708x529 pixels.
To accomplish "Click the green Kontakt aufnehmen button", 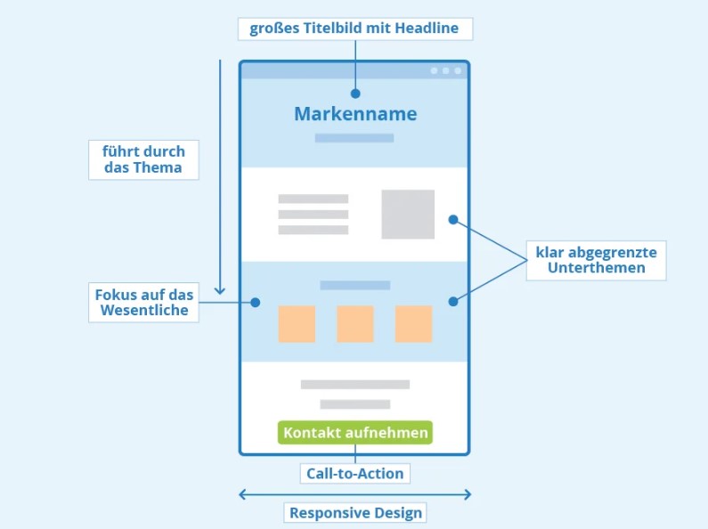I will pos(355,433).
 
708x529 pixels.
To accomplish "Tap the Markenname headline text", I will pos(355,114).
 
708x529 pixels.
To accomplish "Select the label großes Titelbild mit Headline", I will pos(354,28).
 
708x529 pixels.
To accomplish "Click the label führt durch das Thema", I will pos(142,159).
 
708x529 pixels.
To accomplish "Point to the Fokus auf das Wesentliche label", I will pos(143,302).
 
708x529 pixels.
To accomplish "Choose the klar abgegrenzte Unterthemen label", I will pos(596,260).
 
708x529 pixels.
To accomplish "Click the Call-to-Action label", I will pos(355,474).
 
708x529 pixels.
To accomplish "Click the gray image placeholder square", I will pos(408,214).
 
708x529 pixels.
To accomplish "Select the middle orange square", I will pos(355,324).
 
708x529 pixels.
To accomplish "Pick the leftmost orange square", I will pos(297,324).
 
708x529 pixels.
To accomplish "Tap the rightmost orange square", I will pos(413,324).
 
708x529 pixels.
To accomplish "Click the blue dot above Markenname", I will pos(355,93).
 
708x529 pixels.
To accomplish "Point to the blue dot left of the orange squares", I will pos(256,303).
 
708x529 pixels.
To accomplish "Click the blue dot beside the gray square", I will pos(453,219).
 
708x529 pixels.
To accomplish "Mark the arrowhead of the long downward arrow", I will pos(220,291).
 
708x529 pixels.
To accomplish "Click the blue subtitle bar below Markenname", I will pos(354,138).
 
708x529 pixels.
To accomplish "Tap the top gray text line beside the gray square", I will pos(313,199).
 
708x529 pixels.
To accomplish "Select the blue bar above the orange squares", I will pos(355,285).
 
